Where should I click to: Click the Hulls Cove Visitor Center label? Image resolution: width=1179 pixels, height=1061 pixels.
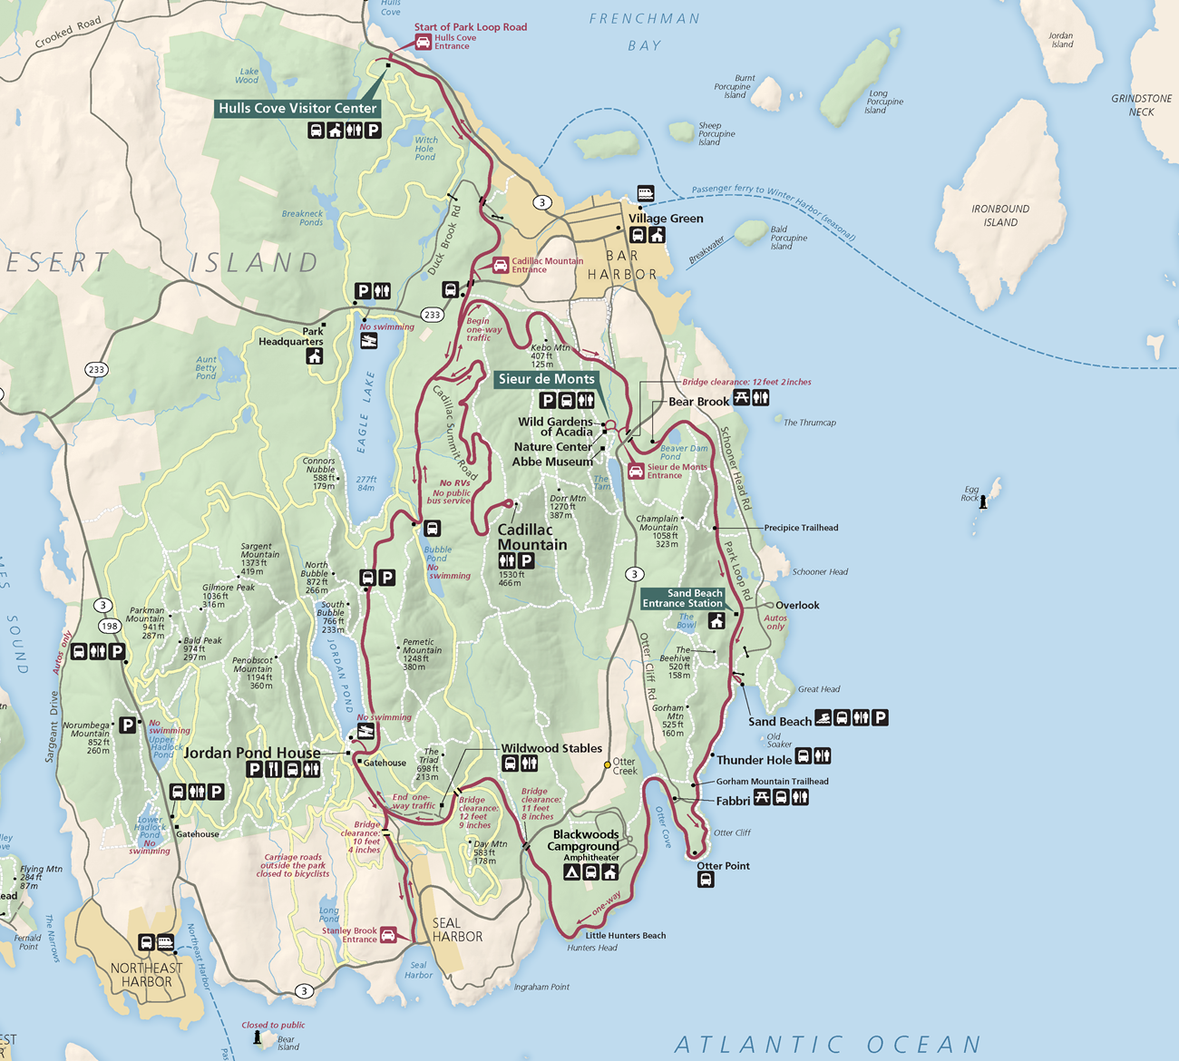pyautogui.click(x=297, y=108)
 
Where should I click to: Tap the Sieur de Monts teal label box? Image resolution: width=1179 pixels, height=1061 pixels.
pyautogui.click(x=546, y=379)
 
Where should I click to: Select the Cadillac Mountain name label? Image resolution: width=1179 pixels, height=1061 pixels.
pyautogui.click(x=531, y=537)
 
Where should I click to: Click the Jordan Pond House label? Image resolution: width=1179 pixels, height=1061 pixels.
pyautogui.click(x=251, y=753)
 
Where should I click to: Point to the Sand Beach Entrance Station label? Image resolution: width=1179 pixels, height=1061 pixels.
pyautogui.click(x=683, y=599)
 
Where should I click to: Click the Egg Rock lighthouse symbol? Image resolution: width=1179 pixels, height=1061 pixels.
pyautogui.click(x=983, y=501)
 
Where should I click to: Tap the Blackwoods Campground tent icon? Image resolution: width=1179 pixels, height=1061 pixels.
pyautogui.click(x=571, y=872)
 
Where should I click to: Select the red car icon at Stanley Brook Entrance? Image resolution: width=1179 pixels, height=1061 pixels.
pyautogui.click(x=388, y=935)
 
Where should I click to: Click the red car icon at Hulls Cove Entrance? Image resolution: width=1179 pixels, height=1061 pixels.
pyautogui.click(x=423, y=42)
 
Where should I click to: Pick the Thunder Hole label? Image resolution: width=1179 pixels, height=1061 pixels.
pyautogui.click(x=754, y=760)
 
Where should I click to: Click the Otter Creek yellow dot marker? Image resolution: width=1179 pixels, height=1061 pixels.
pyautogui.click(x=608, y=765)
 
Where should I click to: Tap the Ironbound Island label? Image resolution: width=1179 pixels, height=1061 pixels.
pyautogui.click(x=1000, y=215)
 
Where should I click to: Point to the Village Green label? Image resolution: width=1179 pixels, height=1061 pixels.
pyautogui.click(x=666, y=219)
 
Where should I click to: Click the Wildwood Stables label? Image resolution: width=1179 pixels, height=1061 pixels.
pyautogui.click(x=551, y=748)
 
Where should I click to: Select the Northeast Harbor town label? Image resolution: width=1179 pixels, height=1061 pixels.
pyautogui.click(x=146, y=975)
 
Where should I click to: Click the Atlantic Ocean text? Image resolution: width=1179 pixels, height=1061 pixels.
pyautogui.click(x=827, y=1045)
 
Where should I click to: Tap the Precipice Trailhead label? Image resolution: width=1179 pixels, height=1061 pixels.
pyautogui.click(x=801, y=528)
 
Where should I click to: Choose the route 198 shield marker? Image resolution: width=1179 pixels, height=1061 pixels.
pyautogui.click(x=110, y=626)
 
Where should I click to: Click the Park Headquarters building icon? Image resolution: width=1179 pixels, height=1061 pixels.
pyautogui.click(x=315, y=356)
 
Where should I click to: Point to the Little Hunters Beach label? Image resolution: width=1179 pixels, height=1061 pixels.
pyautogui.click(x=625, y=935)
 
